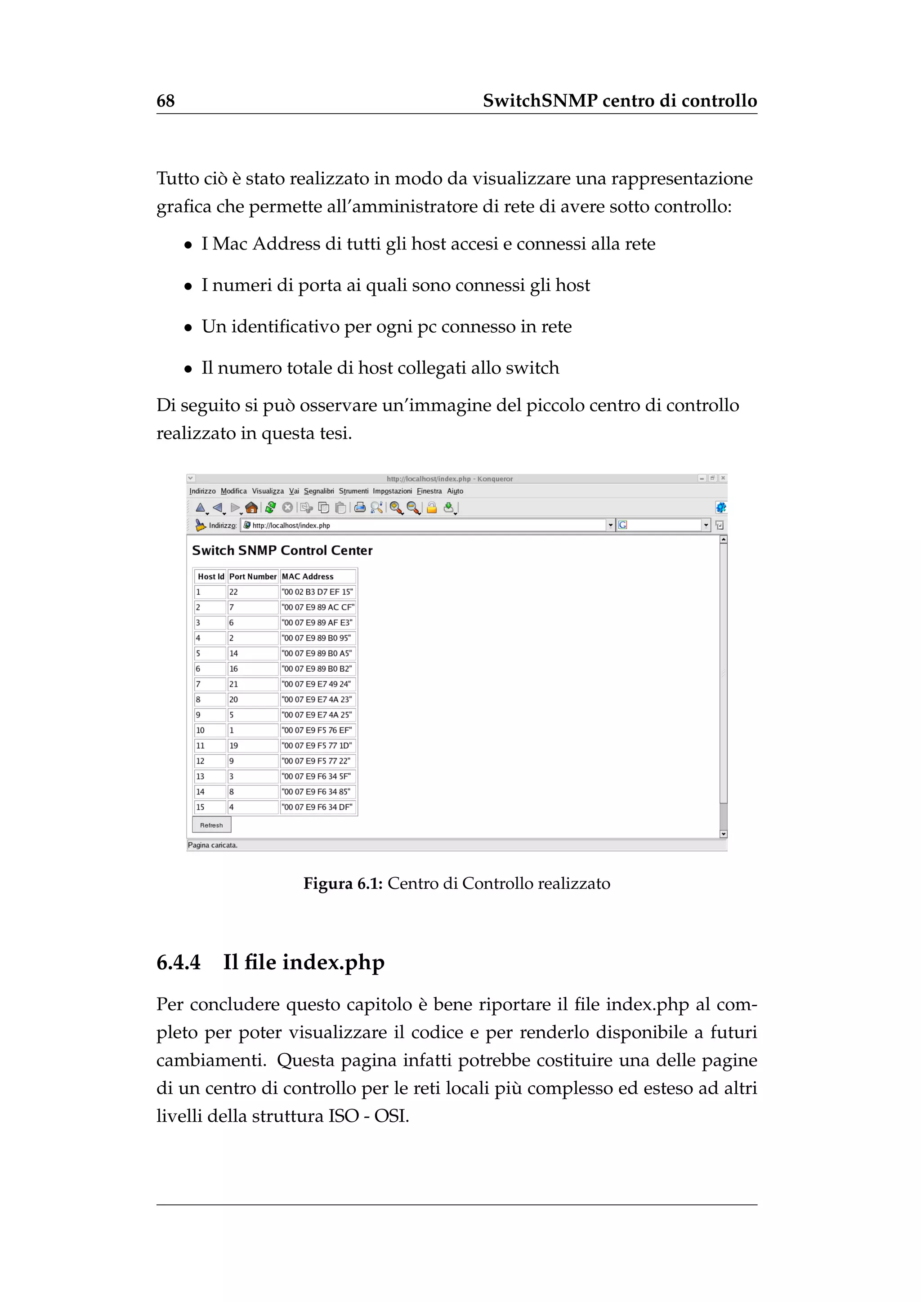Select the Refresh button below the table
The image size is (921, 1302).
pos(211,825)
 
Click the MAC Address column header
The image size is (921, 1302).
pos(308,576)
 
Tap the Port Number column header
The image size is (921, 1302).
pos(252,576)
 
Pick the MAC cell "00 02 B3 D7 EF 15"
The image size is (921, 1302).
pos(317,592)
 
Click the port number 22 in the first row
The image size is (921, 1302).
pos(234,592)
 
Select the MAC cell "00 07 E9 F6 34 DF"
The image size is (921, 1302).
pos(317,807)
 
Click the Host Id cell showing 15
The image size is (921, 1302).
pos(200,807)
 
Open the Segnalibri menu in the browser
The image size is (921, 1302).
pos(319,491)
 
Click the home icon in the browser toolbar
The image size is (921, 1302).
pos(251,508)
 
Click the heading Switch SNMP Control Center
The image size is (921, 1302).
pos(282,550)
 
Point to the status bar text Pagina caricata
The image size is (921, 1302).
pos(213,845)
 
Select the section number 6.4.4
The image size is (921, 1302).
pos(179,962)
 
